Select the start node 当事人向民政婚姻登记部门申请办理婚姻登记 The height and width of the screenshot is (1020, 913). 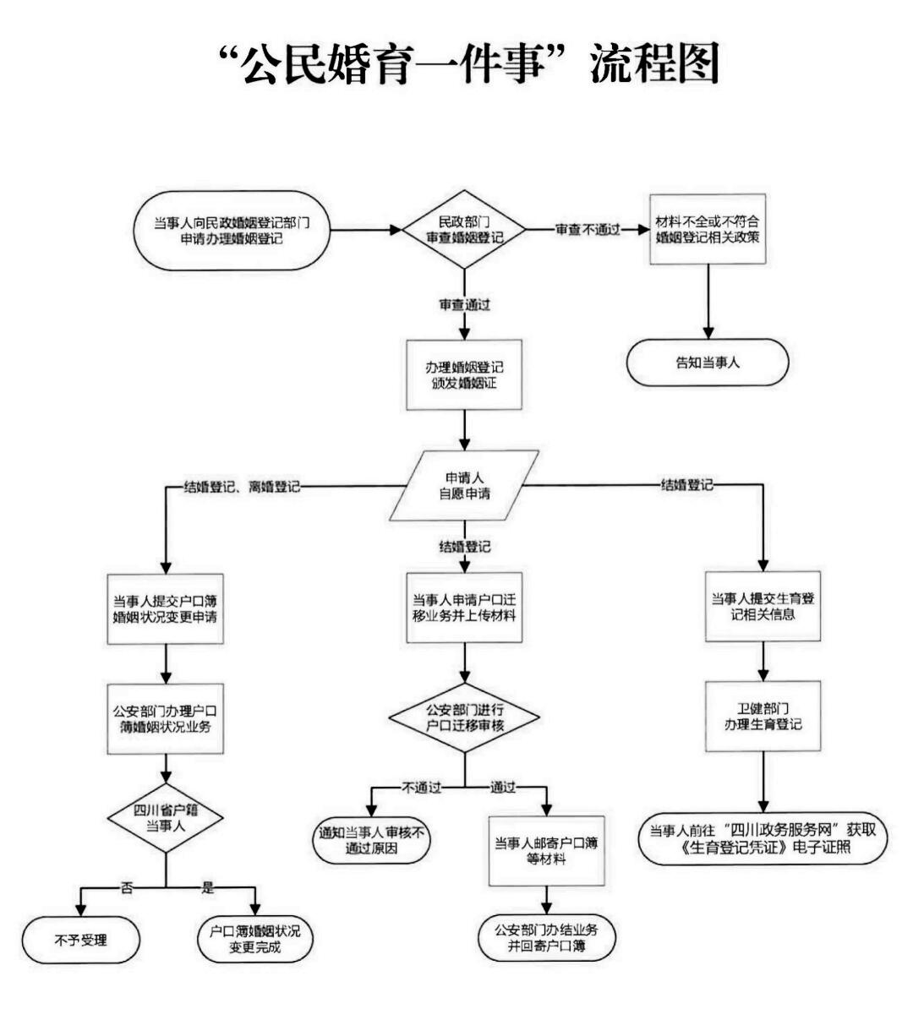click(232, 230)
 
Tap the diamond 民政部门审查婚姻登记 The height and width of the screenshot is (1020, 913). click(464, 230)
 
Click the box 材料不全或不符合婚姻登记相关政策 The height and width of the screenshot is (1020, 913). click(708, 229)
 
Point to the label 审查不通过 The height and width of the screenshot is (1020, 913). click(588, 230)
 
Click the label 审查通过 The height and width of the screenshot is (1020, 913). click(464, 305)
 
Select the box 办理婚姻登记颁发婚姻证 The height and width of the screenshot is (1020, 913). click(464, 375)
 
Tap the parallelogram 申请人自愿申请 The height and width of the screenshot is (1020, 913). click(464, 485)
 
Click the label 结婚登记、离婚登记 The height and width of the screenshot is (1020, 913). click(242, 487)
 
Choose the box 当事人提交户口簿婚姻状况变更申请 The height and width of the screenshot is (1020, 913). click(165, 608)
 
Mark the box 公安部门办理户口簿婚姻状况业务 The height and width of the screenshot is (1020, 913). click(165, 718)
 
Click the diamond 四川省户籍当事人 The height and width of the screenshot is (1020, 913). click(166, 818)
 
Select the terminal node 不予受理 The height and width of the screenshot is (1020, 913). click(81, 939)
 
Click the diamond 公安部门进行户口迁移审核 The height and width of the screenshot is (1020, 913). click(464, 718)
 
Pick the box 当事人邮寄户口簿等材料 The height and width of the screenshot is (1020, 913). click(546, 850)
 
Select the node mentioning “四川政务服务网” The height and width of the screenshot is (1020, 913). click(763, 839)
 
